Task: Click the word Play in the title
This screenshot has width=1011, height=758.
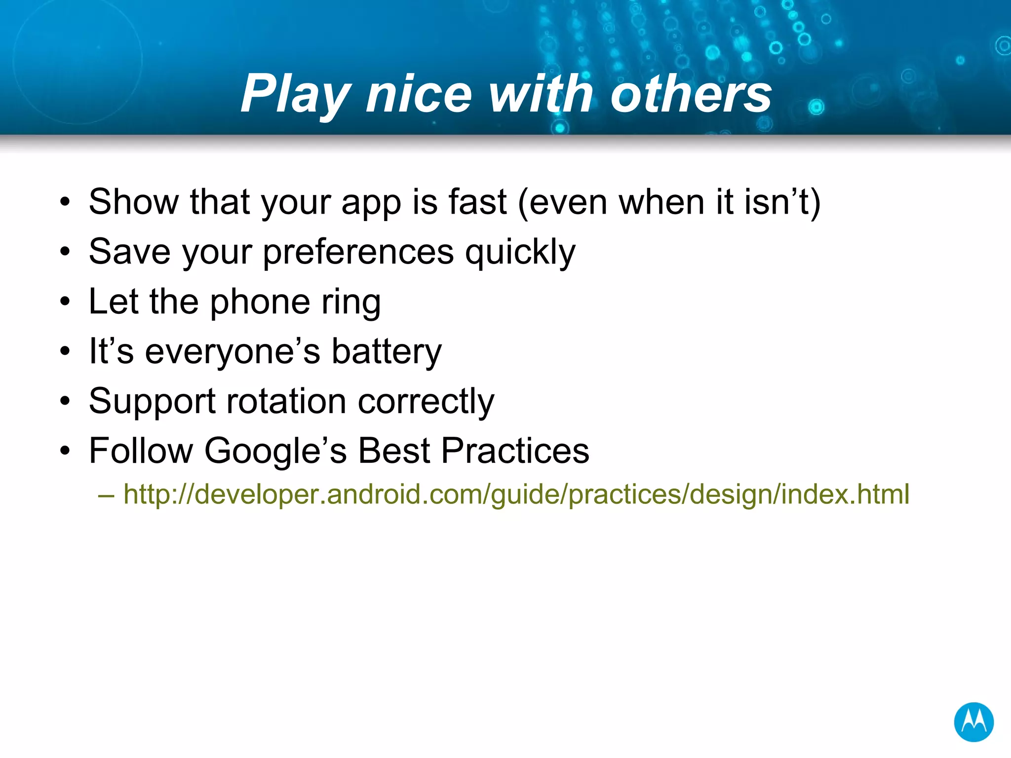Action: [x=295, y=94]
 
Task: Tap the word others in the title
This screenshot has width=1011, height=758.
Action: [x=691, y=94]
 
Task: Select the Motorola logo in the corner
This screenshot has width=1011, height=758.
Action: [x=973, y=722]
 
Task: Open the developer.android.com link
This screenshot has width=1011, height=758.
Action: [x=516, y=494]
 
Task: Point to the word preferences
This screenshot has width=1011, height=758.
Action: [x=358, y=252]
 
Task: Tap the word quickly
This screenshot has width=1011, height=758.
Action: [x=520, y=252]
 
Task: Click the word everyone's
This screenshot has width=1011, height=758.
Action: [x=233, y=352]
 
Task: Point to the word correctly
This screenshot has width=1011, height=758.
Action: [x=426, y=401]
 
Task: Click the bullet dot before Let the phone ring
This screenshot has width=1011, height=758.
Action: [x=65, y=302]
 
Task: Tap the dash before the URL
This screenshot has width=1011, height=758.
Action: [x=106, y=494]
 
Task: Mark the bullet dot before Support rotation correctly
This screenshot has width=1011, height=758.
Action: [x=65, y=401]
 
